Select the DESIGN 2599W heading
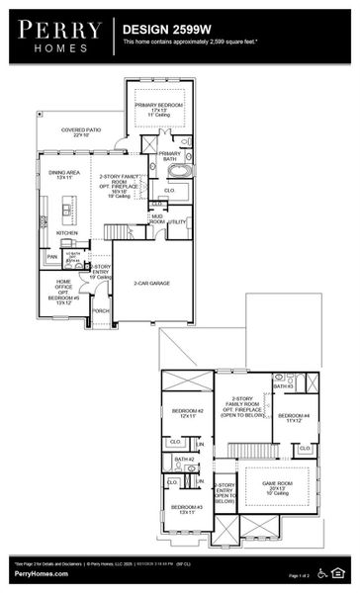coord(163,31)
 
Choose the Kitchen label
coord(53,233)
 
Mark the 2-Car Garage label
coord(152,283)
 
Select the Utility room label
coord(177,222)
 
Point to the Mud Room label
coord(157,219)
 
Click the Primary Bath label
coord(170,156)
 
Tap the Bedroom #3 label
coord(188,508)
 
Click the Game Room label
coord(274,485)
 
